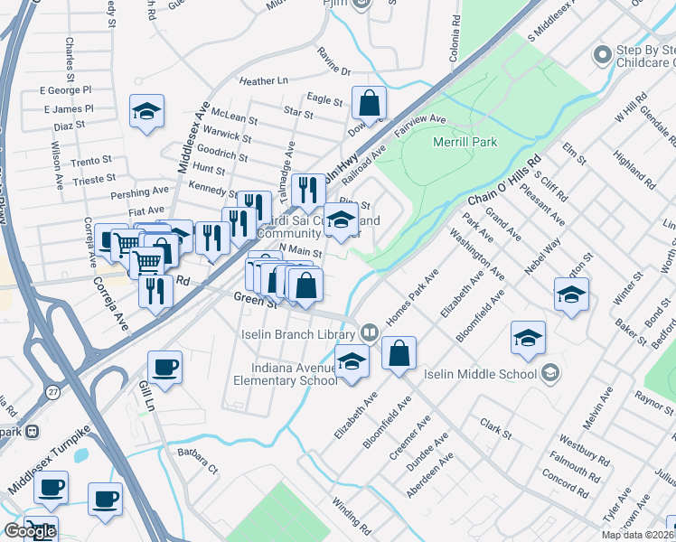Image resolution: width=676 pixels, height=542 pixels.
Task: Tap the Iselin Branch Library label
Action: click(302, 332)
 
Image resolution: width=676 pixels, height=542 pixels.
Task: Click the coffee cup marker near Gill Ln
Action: click(164, 369)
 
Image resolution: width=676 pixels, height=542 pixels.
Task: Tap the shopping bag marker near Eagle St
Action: click(369, 105)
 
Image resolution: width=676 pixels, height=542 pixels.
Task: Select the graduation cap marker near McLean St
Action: click(146, 113)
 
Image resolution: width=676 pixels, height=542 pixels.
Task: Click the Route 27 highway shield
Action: click(53, 391)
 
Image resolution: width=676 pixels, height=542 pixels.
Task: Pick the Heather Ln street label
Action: click(263, 80)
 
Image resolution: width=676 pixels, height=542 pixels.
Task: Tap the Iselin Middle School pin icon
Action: click(549, 372)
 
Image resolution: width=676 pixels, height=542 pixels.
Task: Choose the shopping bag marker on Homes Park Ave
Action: click(399, 353)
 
